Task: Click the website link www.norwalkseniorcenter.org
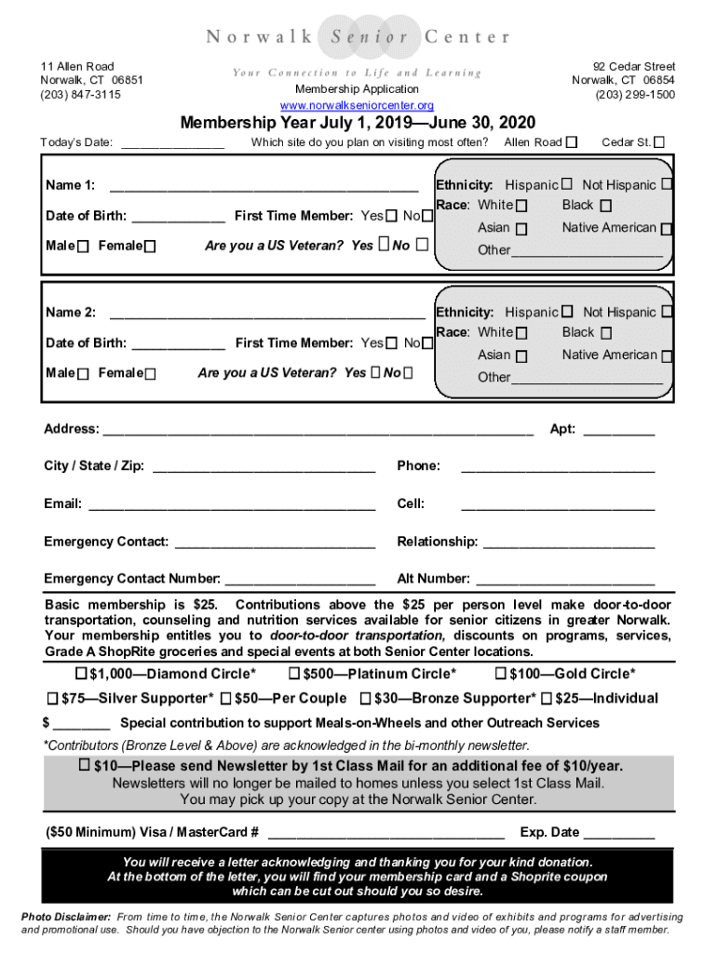[x=358, y=105]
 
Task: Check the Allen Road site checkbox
[x=572, y=142]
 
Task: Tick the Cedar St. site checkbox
[x=659, y=142]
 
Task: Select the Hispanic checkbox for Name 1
[x=566, y=185]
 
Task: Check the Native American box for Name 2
[x=668, y=356]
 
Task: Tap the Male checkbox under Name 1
[x=84, y=247]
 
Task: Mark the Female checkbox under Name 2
[x=150, y=374]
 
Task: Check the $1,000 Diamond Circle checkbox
[x=81, y=674]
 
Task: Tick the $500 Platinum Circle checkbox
[x=294, y=674]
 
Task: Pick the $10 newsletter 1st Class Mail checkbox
[x=84, y=765]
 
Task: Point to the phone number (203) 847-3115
[x=80, y=94]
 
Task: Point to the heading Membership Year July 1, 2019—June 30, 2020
[x=358, y=124]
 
